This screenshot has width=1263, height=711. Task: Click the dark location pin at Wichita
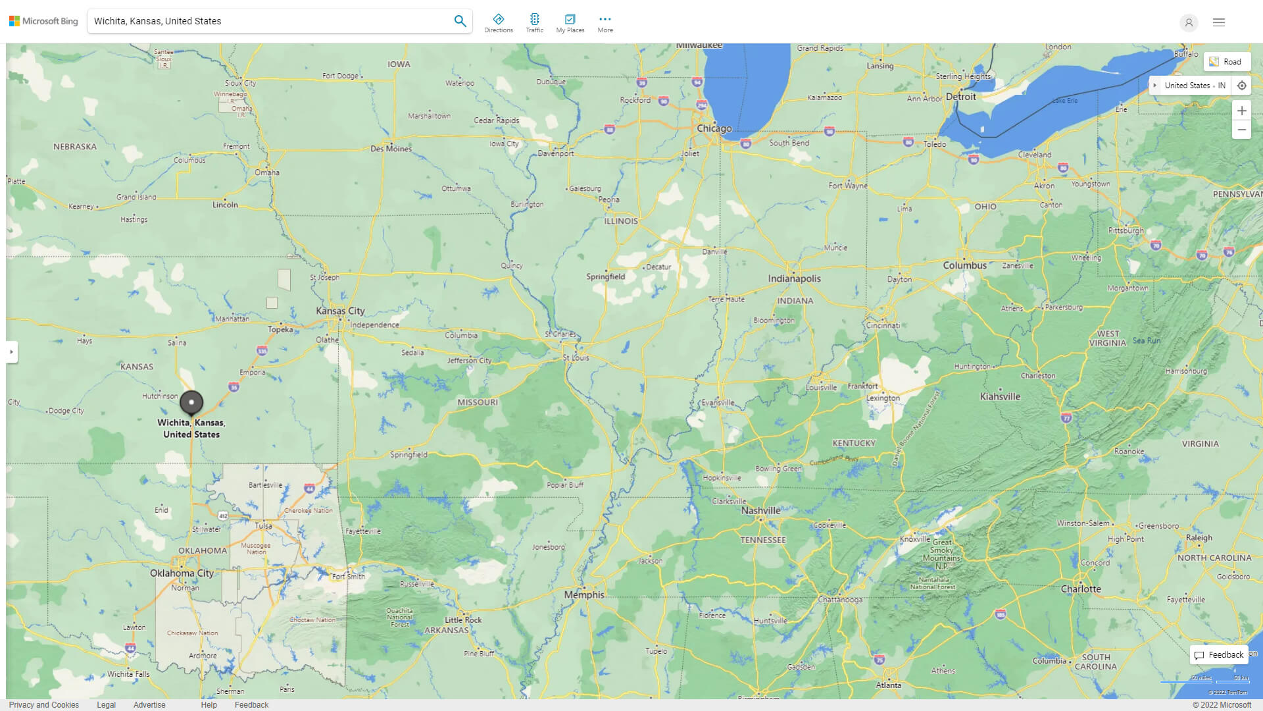point(191,402)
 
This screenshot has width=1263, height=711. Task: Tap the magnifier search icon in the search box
point(460,21)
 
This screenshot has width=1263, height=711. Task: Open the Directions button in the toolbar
point(498,23)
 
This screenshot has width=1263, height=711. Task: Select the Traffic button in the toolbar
point(534,23)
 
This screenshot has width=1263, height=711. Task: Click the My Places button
point(570,23)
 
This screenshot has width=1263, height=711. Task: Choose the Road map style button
point(1226,62)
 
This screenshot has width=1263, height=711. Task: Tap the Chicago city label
point(714,128)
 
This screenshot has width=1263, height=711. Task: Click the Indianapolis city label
point(794,278)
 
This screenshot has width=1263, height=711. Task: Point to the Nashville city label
point(760,510)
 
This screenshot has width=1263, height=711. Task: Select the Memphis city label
point(583,594)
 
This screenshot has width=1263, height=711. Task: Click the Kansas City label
point(340,311)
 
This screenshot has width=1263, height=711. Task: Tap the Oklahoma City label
point(182,573)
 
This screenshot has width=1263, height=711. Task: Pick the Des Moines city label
point(391,149)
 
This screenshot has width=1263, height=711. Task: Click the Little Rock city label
point(463,619)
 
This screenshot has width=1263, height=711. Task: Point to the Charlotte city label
point(1080,589)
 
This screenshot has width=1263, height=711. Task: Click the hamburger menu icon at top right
point(1218,22)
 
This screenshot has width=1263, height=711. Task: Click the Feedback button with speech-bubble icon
point(1219,654)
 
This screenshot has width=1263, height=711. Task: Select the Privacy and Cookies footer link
point(44,704)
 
